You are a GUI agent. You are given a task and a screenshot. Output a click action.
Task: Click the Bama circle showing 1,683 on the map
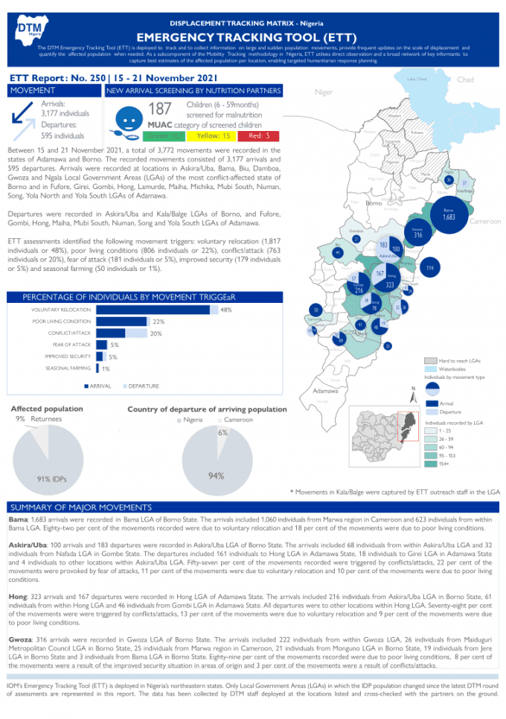pyautogui.click(x=449, y=216)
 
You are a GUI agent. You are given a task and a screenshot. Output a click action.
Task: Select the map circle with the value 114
pyautogui.click(x=429, y=267)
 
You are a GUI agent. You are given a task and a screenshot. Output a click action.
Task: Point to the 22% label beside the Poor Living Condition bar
pyautogui.click(x=158, y=322)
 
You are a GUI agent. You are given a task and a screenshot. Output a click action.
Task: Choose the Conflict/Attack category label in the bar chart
pyautogui.click(x=69, y=333)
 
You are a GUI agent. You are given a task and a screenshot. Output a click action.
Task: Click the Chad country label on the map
pyautogui.click(x=466, y=80)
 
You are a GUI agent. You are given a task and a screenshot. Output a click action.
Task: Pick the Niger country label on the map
pyautogui.click(x=324, y=92)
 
